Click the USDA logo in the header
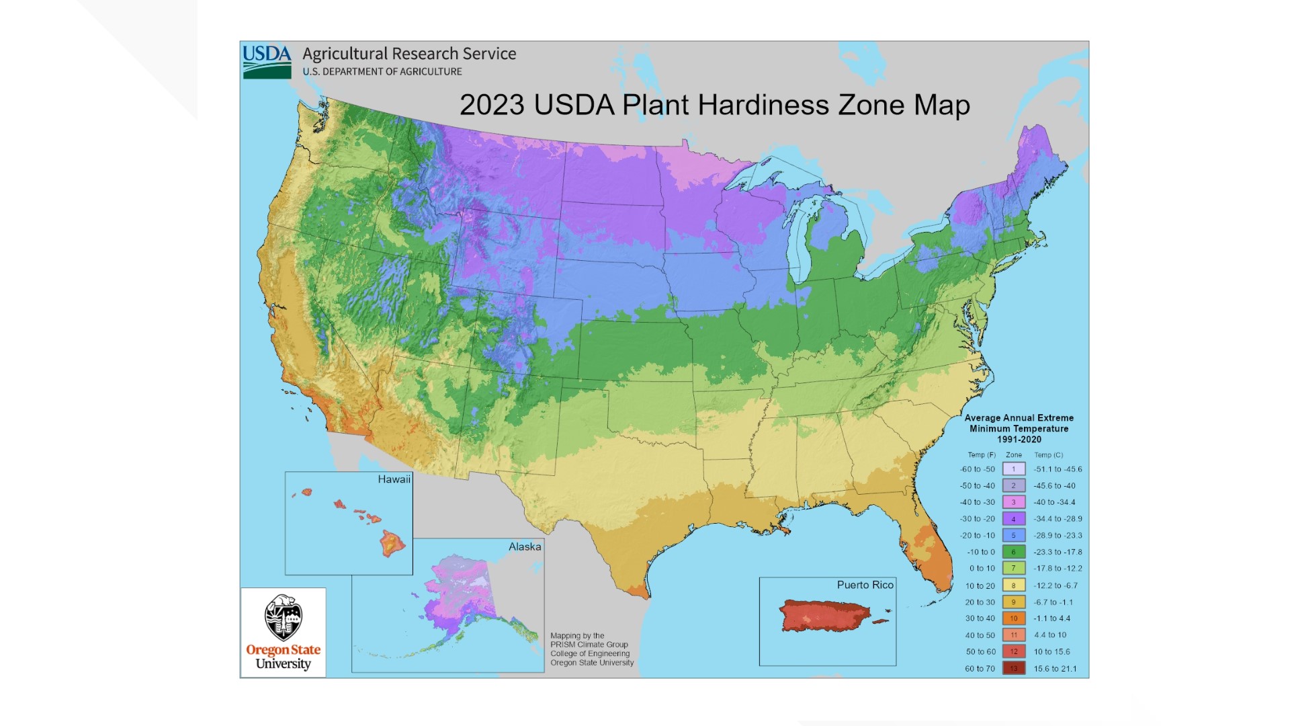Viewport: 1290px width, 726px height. click(267, 61)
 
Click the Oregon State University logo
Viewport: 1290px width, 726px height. click(283, 633)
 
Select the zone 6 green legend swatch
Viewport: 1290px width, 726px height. click(1014, 552)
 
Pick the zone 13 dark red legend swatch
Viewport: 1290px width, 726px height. click(1014, 668)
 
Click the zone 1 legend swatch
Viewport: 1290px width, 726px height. click(1014, 469)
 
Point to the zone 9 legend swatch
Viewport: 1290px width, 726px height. click(1014, 602)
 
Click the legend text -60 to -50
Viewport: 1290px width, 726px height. click(978, 469)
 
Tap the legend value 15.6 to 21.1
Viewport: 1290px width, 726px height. click(1055, 668)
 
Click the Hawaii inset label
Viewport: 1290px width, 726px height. click(394, 479)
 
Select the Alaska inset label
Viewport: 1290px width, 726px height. click(525, 547)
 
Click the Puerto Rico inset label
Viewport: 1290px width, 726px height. click(865, 585)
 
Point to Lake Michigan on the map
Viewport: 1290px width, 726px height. click(800, 242)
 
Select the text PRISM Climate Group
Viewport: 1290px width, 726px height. click(589, 644)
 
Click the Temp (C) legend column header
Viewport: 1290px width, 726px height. click(1048, 455)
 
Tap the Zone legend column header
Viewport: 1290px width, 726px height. click(1013, 455)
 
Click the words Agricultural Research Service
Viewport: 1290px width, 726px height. click(409, 54)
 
